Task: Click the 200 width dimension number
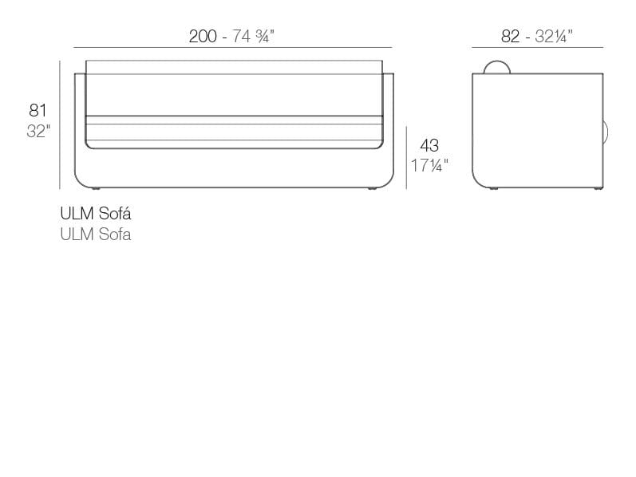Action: click(x=203, y=37)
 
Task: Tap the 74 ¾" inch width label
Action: click(x=253, y=37)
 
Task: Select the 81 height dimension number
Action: click(x=38, y=110)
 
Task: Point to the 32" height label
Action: click(x=38, y=132)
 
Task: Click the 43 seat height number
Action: click(x=429, y=145)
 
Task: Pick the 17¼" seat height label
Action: click(x=429, y=165)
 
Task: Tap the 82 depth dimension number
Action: click(x=510, y=37)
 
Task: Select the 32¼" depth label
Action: click(x=554, y=37)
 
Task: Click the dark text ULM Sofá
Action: click(x=96, y=213)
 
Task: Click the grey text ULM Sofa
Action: click(x=96, y=235)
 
